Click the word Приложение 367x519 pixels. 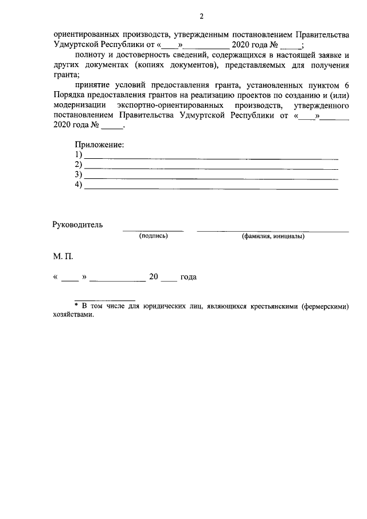pyautogui.click(x=100, y=145)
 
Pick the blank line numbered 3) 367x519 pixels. pyautogui.click(x=211, y=178)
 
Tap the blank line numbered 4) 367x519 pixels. pyautogui.click(x=211, y=188)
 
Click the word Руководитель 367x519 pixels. pyautogui.click(x=78, y=224)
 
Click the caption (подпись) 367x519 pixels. pyautogui.click(x=153, y=236)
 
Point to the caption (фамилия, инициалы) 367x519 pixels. pyautogui.click(x=273, y=236)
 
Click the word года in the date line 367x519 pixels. pyautogui.click(x=189, y=277)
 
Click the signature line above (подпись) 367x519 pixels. pyautogui.click(x=153, y=231)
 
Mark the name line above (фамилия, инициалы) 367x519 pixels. pyautogui.click(x=273, y=231)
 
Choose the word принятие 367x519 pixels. pyautogui.click(x=93, y=85)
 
